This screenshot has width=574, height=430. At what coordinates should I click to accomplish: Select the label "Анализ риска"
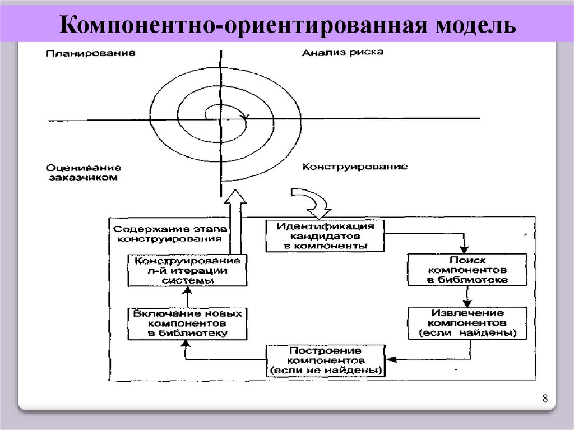point(342,53)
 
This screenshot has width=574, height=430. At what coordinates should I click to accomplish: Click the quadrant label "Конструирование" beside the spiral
point(355,167)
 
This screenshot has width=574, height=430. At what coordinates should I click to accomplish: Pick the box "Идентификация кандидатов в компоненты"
point(325,235)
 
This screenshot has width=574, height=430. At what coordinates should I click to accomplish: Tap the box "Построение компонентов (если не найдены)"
point(325,361)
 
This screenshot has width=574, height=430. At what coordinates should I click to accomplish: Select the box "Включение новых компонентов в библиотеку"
point(188,323)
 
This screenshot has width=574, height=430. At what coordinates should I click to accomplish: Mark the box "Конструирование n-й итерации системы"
point(188,270)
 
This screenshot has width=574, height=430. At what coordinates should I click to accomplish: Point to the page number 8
point(544,399)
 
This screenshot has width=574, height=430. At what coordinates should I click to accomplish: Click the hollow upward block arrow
point(234,221)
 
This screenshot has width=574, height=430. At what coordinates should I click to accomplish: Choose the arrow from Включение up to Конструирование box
point(188,296)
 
